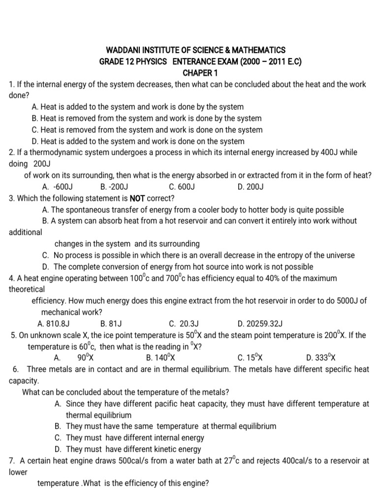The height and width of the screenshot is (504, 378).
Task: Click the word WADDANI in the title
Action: click(x=124, y=50)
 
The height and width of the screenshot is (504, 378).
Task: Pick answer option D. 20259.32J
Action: click(x=260, y=323)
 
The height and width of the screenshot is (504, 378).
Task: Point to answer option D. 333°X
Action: click(x=321, y=358)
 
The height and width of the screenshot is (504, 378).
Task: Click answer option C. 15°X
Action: click(x=250, y=358)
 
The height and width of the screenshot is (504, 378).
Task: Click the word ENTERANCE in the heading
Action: click(x=189, y=62)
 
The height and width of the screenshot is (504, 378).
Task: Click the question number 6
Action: click(x=16, y=369)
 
